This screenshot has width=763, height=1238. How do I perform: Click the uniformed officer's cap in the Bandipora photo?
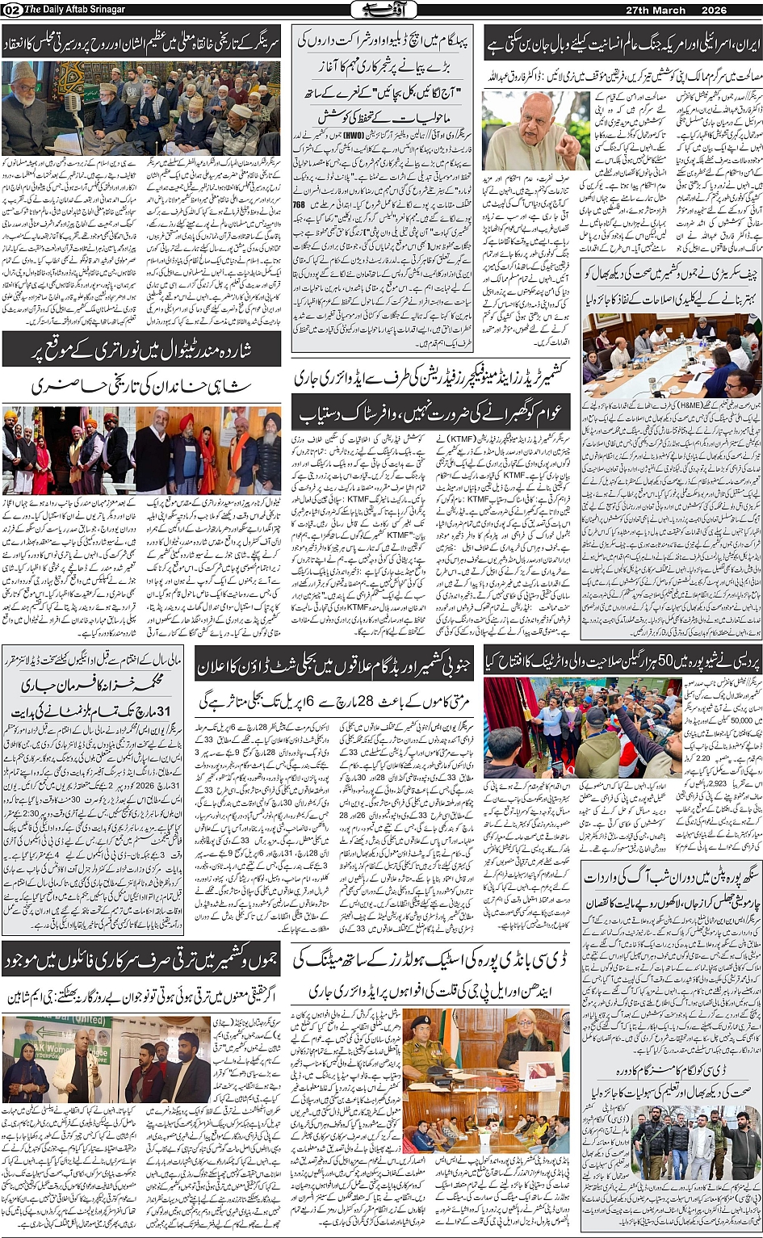(x=422, y=1022)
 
